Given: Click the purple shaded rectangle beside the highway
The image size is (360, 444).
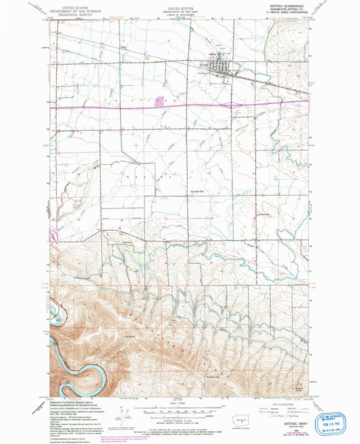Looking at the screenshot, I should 159,102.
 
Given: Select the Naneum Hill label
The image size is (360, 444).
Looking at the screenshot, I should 196,190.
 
